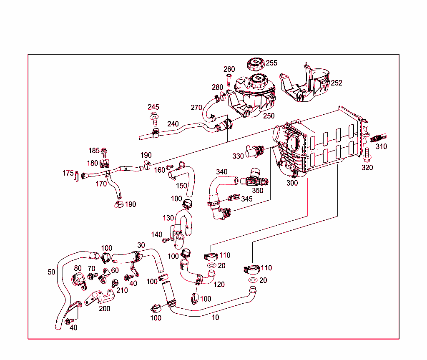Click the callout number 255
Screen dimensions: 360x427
click(271, 63)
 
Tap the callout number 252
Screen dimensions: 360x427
click(336, 83)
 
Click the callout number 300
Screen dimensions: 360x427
click(292, 183)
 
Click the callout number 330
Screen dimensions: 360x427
click(238, 156)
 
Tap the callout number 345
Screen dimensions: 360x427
click(246, 199)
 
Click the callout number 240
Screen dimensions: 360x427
click(173, 124)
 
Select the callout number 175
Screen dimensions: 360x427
click(68, 173)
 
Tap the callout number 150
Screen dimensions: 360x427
click(181, 186)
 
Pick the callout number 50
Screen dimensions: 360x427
click(51, 272)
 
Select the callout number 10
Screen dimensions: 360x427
click(215, 317)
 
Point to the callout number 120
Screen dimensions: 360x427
click(219, 284)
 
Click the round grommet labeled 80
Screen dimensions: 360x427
click(79, 279)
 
